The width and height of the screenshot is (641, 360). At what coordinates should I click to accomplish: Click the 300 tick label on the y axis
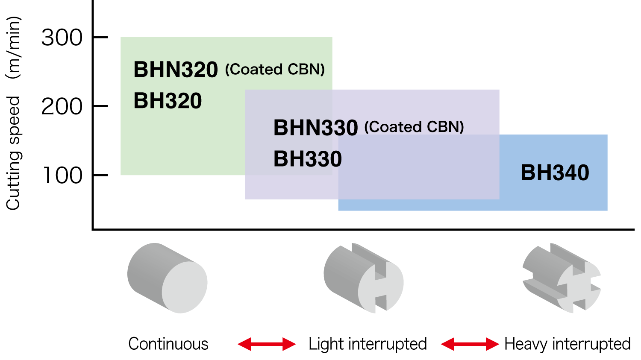click(62, 38)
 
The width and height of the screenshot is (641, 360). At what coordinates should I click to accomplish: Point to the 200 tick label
click(62, 107)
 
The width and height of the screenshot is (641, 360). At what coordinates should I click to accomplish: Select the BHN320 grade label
click(176, 70)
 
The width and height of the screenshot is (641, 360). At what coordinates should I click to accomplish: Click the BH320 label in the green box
click(168, 101)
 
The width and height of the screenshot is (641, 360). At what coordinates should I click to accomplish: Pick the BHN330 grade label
click(315, 128)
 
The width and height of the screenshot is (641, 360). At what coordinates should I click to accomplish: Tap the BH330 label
click(308, 159)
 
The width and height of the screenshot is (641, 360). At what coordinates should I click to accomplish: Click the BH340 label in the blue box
click(555, 173)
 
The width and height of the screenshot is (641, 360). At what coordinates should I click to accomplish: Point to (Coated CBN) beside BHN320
click(275, 69)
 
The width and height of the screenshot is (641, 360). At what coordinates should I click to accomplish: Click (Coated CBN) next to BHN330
click(414, 127)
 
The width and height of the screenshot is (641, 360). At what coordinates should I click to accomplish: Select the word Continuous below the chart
click(168, 344)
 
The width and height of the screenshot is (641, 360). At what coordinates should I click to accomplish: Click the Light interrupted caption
click(368, 344)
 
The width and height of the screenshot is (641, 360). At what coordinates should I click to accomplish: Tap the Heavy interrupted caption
click(567, 344)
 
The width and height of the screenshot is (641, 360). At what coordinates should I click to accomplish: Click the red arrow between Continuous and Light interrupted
click(267, 344)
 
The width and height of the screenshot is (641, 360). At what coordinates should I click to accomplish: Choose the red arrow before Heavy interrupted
click(470, 344)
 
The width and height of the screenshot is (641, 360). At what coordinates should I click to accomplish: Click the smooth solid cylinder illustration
click(167, 278)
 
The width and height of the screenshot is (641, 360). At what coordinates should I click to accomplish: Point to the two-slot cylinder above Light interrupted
click(364, 278)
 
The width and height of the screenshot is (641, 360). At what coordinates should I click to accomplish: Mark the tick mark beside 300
click(100, 38)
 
